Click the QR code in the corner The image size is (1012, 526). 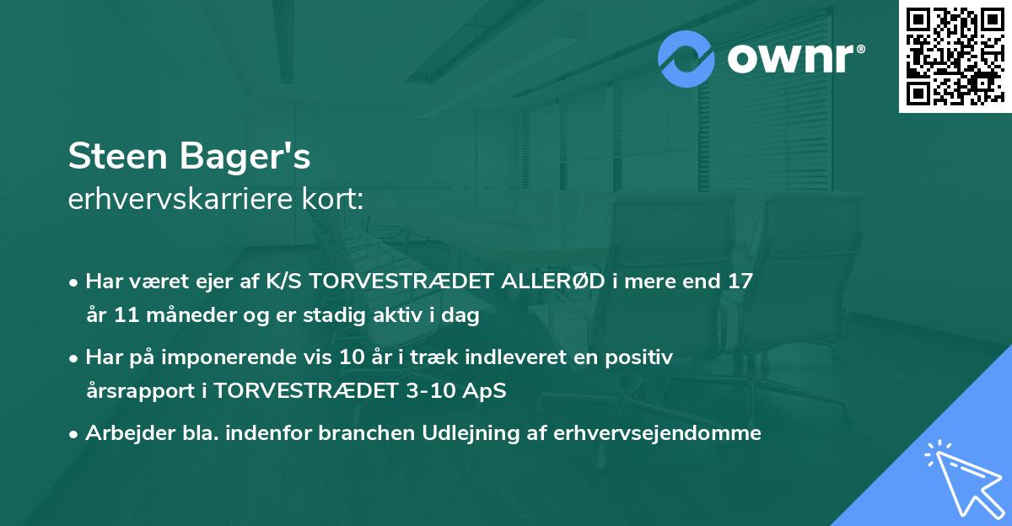click(955, 56)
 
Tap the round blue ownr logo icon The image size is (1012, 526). click(686, 58)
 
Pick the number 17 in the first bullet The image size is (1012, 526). click(740, 282)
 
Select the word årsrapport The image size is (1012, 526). click(136, 391)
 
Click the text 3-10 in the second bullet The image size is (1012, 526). click(429, 391)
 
